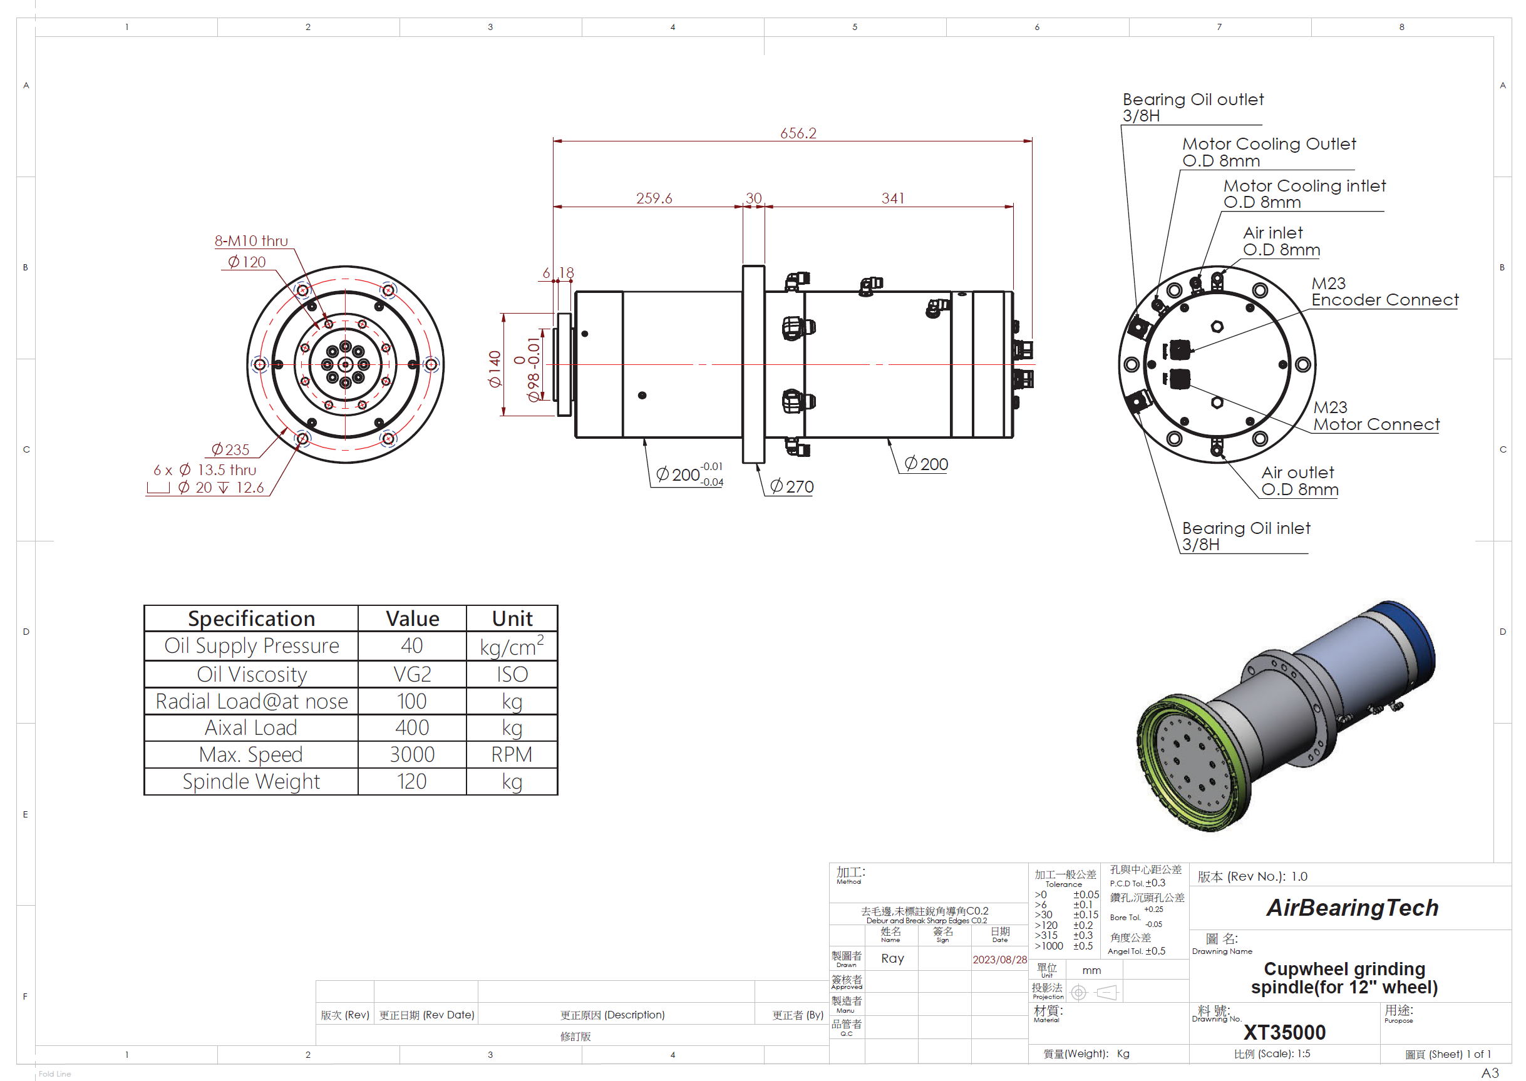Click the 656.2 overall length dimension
[x=798, y=133]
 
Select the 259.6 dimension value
[x=654, y=198]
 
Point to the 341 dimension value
[x=893, y=198]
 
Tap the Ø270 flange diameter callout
[x=791, y=486]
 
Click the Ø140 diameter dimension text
[x=494, y=369]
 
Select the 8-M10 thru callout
[x=251, y=241]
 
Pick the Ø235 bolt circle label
[x=230, y=450]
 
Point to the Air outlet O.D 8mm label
[x=1299, y=481]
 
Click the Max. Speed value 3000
[x=412, y=754]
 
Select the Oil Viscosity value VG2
[x=412, y=674]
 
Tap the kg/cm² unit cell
[x=512, y=646]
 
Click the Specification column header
[x=251, y=618]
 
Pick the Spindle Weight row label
[x=251, y=781]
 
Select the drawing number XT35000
[x=1284, y=1032]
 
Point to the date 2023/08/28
[x=999, y=959]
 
